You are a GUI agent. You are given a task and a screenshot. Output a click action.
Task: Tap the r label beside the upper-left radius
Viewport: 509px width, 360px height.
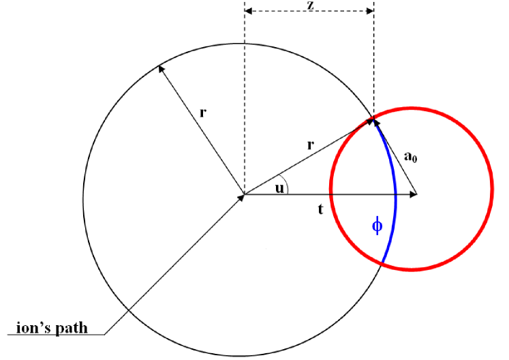[x=202, y=112]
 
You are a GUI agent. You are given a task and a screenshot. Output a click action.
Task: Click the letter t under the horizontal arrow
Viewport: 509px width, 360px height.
[x=320, y=211]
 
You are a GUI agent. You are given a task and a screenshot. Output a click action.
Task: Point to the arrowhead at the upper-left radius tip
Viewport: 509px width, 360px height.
[x=161, y=68]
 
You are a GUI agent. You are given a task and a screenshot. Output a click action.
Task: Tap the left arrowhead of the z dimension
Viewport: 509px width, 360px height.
[x=248, y=12]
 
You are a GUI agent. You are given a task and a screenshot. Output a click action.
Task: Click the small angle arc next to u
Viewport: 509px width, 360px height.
[x=289, y=186]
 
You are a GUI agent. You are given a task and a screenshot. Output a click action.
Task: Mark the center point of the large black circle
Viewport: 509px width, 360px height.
[x=244, y=195]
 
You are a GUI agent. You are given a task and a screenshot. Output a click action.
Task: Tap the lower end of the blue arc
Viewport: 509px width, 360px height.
[x=382, y=262]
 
